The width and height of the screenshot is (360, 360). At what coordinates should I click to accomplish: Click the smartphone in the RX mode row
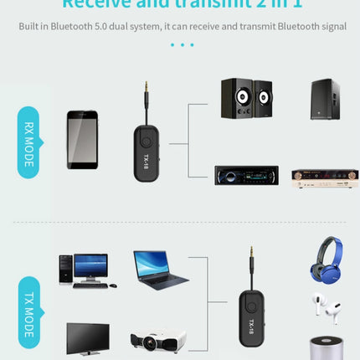82,139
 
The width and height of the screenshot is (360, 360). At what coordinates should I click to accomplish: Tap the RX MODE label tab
29,142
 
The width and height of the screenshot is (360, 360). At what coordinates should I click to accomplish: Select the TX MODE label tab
29,311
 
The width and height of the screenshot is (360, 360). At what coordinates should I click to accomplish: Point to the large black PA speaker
324,100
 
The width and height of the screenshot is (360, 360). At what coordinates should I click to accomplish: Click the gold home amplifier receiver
325,177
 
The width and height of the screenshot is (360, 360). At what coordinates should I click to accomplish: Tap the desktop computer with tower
83,270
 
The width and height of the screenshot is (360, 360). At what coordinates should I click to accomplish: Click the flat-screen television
88,337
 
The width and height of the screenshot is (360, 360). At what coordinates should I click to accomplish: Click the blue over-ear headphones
326,260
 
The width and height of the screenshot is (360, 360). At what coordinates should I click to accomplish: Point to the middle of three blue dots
182,44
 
